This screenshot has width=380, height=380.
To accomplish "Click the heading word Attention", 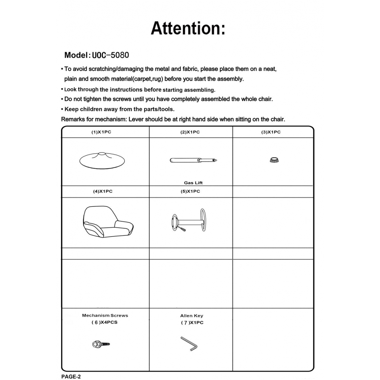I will [188, 28].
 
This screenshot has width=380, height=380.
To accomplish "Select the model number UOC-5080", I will [111, 55].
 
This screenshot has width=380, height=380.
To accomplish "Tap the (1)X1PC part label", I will [101, 132].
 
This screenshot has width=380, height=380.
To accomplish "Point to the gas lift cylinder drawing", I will [193, 160].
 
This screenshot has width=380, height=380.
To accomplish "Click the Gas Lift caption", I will [193, 183].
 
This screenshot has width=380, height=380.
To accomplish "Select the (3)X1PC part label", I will [271, 132].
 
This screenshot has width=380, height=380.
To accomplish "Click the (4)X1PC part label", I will [103, 191].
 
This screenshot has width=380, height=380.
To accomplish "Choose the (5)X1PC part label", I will [190, 191].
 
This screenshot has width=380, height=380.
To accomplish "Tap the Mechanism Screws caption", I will [105, 315].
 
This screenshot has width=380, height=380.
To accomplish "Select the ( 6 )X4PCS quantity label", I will [104, 322].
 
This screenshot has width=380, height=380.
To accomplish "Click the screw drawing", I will [101, 344].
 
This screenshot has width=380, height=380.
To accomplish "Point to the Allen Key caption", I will [192, 316].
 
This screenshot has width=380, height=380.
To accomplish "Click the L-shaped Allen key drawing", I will [189, 344].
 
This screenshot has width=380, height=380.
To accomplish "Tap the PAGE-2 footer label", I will [71, 377].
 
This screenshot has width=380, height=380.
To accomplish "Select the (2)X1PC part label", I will [190, 132].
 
